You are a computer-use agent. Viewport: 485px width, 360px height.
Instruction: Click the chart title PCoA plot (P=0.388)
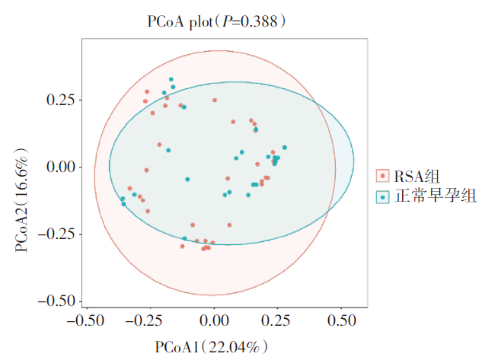click(217, 22)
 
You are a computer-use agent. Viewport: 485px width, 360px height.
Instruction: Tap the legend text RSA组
click(416, 177)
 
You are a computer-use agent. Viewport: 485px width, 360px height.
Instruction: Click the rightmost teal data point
click(285, 147)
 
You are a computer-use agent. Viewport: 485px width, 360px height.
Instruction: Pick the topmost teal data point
click(171, 79)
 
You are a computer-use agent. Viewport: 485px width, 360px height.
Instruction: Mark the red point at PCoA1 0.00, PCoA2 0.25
click(215, 100)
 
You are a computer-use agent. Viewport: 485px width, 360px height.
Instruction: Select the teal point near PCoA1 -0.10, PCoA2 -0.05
click(187, 179)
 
